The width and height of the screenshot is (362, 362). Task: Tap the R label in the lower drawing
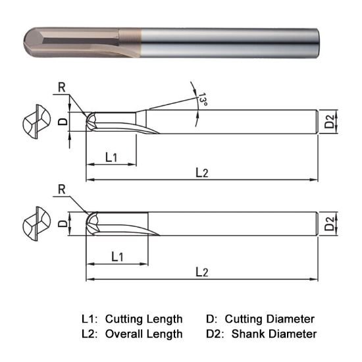pos(61,190)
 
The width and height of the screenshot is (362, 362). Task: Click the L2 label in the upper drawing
pos(201,172)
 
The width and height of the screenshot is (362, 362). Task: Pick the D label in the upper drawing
pos(63,121)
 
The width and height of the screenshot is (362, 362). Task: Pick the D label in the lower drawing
pos(63,223)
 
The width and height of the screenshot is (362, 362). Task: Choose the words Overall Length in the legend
pos(143,334)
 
